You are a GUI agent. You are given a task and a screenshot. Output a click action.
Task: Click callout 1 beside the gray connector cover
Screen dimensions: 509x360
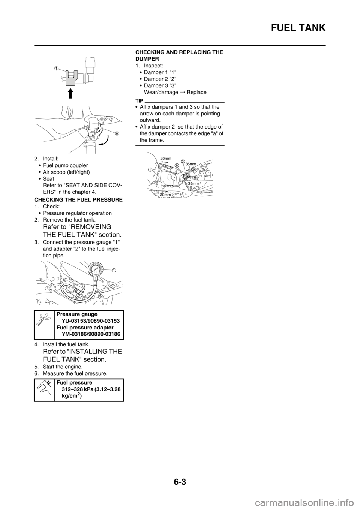pyautogui.click(x=56, y=68)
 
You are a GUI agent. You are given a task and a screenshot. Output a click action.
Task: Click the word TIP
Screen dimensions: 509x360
pyautogui.click(x=140, y=101)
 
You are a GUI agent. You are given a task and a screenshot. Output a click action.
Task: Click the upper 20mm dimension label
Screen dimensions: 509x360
pyautogui.click(x=165, y=159)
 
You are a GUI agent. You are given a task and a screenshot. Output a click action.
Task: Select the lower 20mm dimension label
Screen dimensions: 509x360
pyautogui.click(x=165, y=195)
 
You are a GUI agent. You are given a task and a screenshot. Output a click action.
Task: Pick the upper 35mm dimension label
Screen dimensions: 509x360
pyautogui.click(x=191, y=164)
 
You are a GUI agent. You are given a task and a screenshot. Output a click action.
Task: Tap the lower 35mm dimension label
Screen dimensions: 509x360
pyautogui.click(x=193, y=183)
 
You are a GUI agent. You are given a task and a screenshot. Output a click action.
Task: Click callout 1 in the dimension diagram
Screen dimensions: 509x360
pyautogui.click(x=150, y=169)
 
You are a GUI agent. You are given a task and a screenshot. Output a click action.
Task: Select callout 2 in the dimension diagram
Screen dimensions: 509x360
pyautogui.click(x=183, y=161)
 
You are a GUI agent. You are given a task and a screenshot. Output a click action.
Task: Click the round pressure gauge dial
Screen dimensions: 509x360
pyautogui.click(x=97, y=271)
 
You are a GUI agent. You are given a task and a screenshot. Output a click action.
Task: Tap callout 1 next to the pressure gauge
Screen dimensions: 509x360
pyautogui.click(x=113, y=270)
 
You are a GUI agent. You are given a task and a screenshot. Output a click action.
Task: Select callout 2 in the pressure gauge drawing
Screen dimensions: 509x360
pyautogui.click(x=65, y=280)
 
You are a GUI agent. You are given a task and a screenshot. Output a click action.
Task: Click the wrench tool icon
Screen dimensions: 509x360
pyautogui.click(x=43, y=319)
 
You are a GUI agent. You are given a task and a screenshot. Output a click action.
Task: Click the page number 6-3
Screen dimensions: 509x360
pyautogui.click(x=180, y=482)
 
